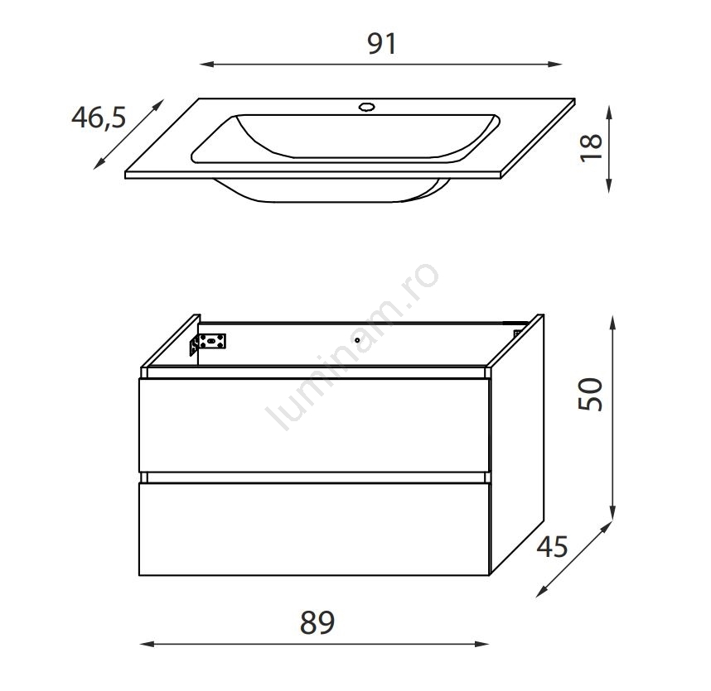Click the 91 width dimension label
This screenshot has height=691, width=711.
tap(382, 44)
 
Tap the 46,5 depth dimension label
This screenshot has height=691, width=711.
tap(99, 118)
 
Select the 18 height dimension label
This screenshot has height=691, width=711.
tap(592, 147)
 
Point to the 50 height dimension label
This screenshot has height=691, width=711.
tap(590, 395)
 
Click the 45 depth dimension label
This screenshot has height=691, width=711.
tap(552, 546)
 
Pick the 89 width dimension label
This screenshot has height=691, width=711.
tap(317, 622)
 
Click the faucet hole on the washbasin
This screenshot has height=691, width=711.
tap(366, 108)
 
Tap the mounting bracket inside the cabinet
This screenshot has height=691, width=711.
tap(208, 344)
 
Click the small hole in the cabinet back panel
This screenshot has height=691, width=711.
tap(357, 340)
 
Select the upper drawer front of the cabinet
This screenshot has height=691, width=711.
tap(314, 425)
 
